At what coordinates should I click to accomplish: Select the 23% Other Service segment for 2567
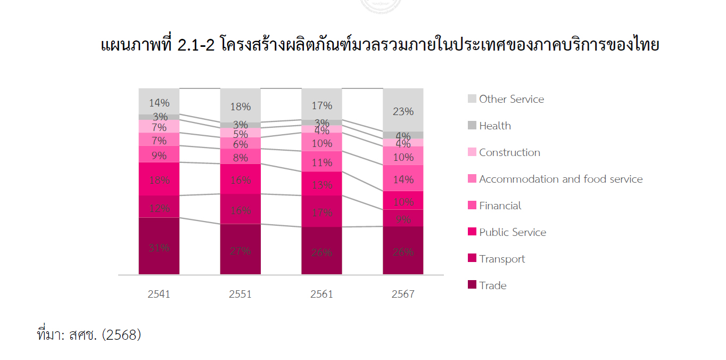point(403,110)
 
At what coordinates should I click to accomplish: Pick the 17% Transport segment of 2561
point(321,211)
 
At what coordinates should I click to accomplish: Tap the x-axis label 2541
point(159,294)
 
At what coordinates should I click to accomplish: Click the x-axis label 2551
point(240,294)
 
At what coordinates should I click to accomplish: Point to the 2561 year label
point(321,294)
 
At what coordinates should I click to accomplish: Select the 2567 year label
point(403,294)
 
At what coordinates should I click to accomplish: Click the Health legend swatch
point(472,126)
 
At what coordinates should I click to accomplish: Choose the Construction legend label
point(509,152)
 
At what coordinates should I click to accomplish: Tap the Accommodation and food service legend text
point(560,179)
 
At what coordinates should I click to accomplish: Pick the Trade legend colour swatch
point(472,285)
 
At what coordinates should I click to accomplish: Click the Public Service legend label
point(512,232)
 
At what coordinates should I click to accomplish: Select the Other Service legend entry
point(511,99)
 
